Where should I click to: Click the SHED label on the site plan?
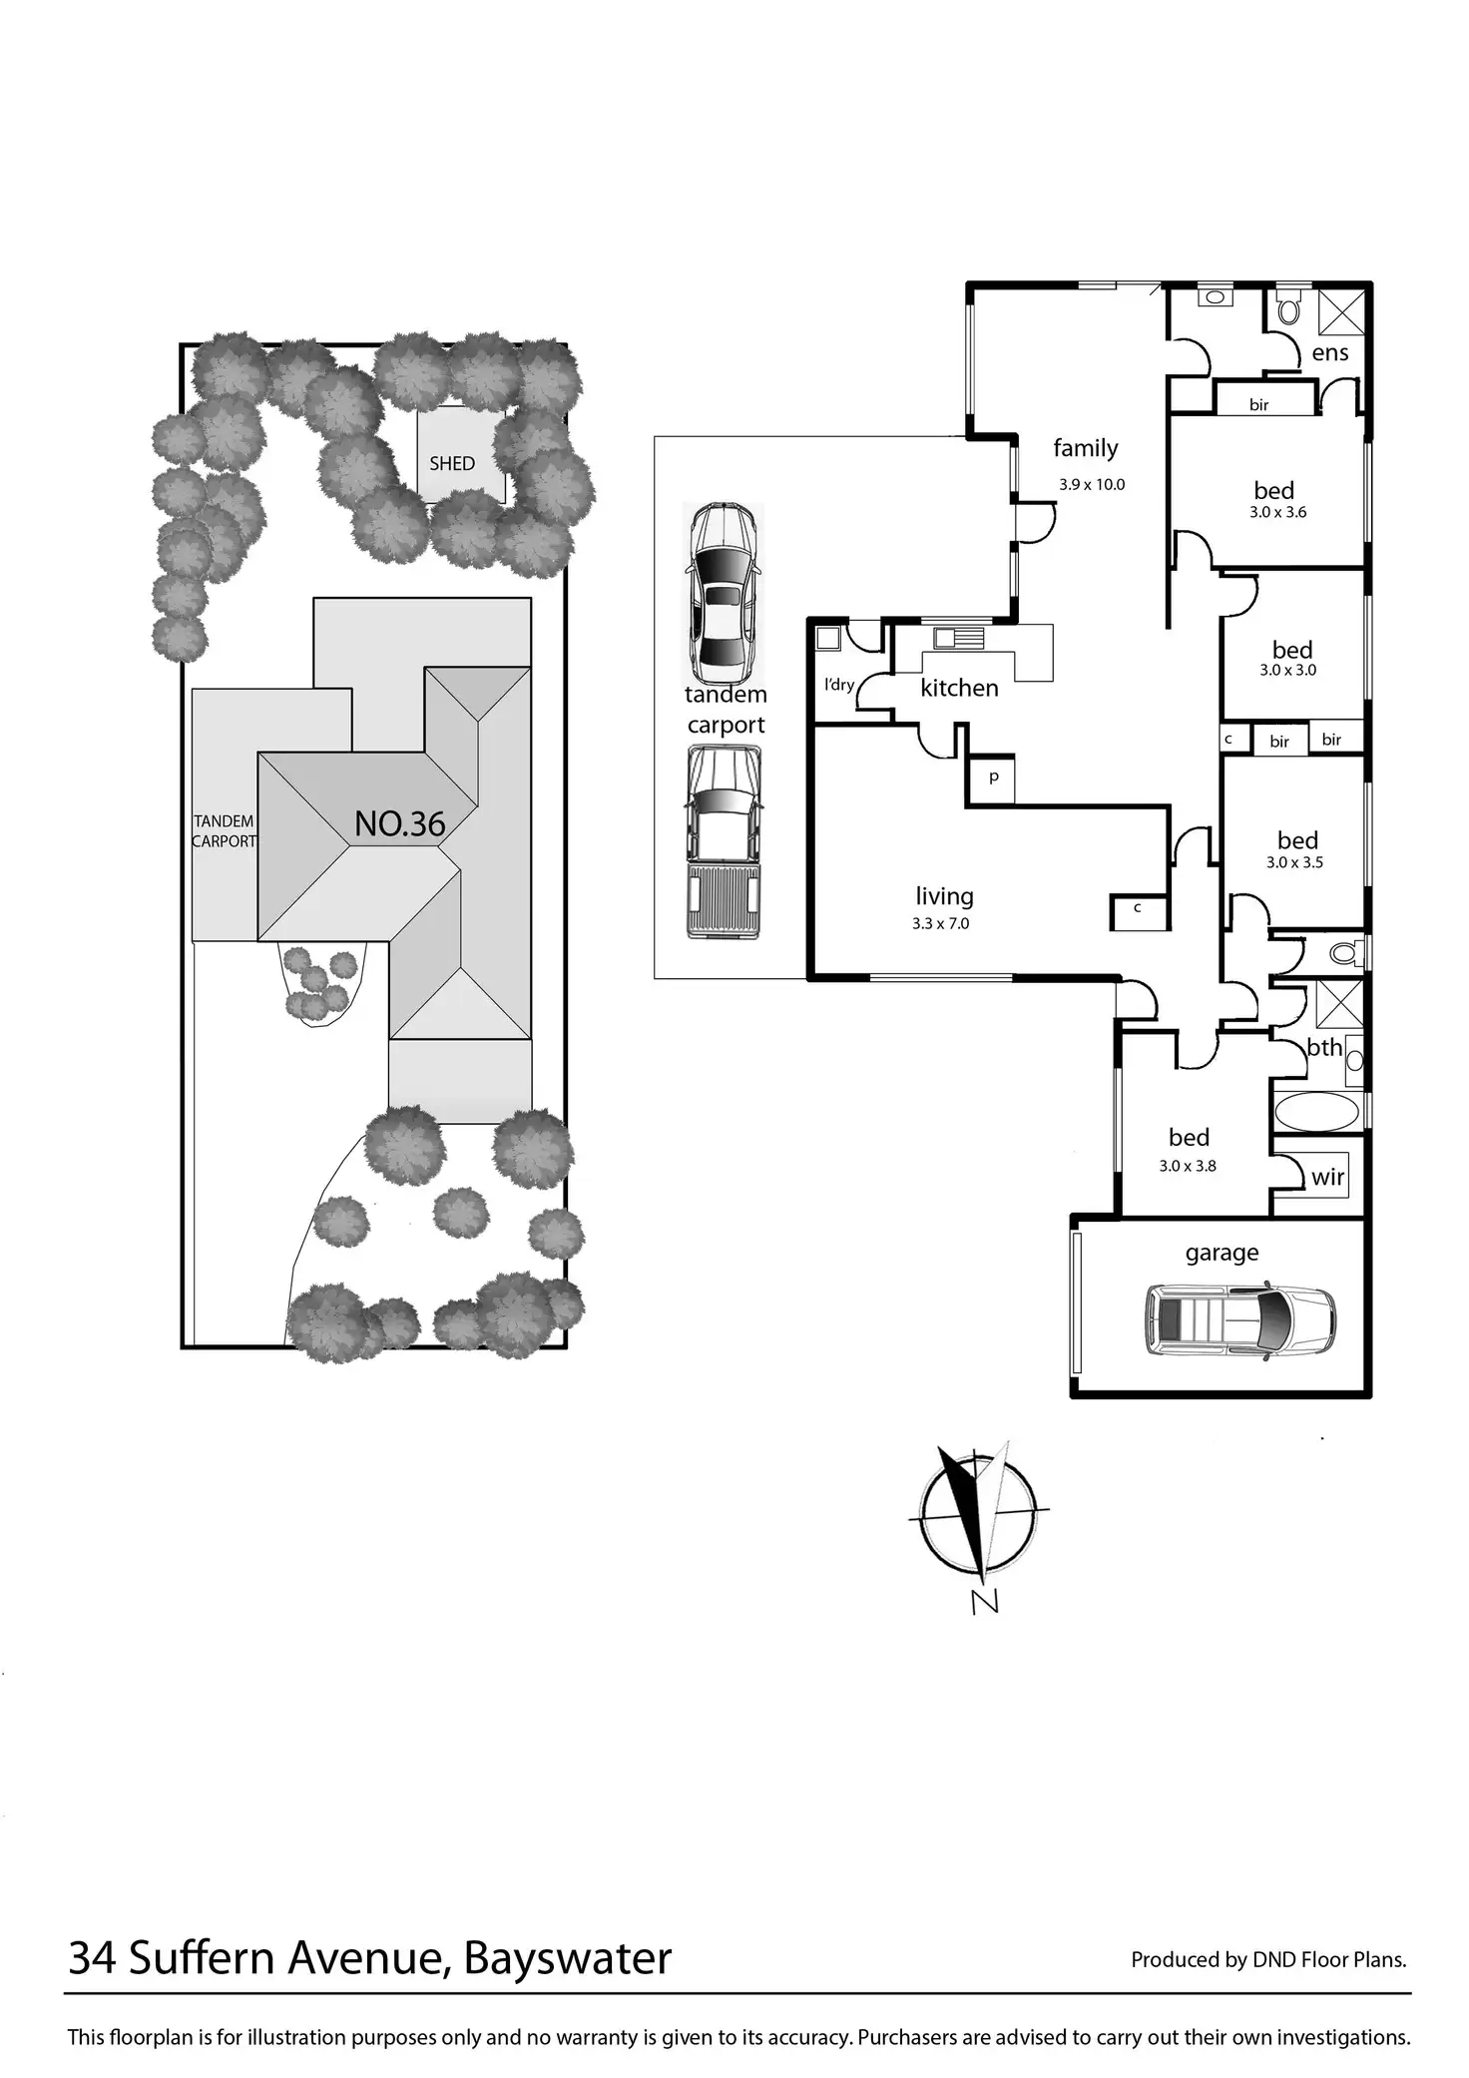452,464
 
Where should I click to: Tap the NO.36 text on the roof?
399,824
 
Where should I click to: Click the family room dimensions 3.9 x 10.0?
1092,485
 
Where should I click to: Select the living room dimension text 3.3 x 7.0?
940,924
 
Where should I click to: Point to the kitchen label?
959,688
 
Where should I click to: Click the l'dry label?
839,685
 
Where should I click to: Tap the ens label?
1329,352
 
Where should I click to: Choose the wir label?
1327,1177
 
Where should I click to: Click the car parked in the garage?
1239,1319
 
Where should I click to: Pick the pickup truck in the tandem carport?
724,841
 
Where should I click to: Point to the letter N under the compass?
984,1603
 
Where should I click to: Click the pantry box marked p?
994,778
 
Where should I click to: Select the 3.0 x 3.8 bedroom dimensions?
1188,1166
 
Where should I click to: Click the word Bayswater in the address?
567,1957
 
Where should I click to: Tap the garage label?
1222,1253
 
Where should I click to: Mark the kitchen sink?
958,638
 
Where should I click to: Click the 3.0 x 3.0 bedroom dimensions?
1287,671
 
